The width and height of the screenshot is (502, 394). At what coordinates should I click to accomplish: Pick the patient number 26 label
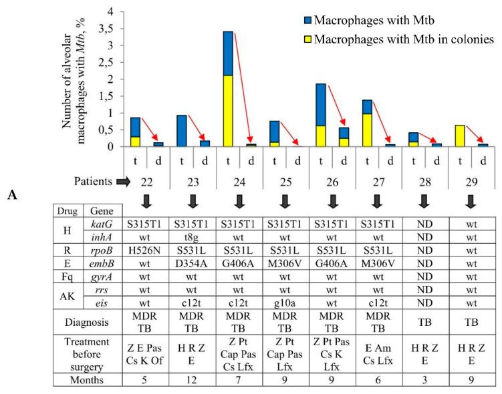pyautogui.click(x=332, y=180)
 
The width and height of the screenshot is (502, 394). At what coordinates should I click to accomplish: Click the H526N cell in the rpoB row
pyautogui.click(x=146, y=253)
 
